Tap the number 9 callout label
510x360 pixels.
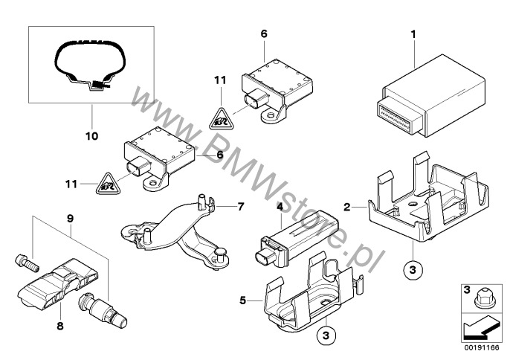(71, 219)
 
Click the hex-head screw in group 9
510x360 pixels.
(24, 261)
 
